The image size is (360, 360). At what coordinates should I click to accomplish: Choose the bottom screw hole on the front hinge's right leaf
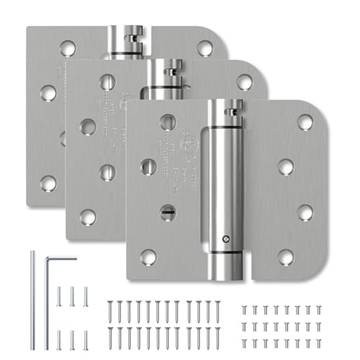click(286, 255)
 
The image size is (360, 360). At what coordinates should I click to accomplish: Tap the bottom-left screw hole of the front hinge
click(148, 255)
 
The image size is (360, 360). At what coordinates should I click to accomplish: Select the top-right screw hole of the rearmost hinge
click(205, 48)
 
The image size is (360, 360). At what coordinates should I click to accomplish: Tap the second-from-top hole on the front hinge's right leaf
click(286, 167)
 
